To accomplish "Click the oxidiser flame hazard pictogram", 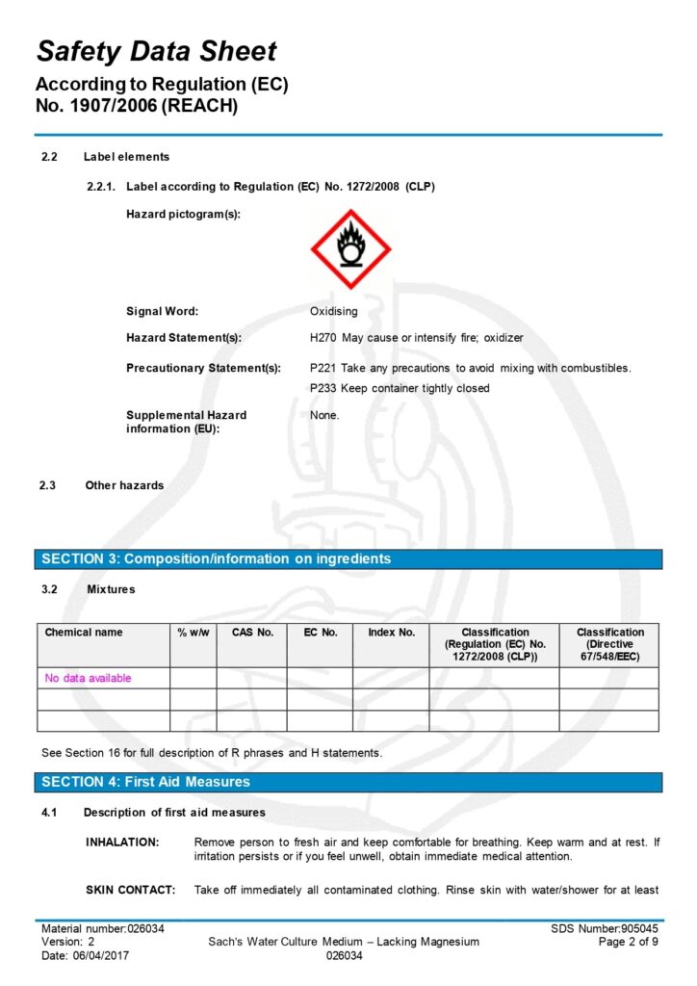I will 350,248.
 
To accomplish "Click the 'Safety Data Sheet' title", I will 156,51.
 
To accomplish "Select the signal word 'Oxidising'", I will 333,311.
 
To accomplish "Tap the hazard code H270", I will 323,338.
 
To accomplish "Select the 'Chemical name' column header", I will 84,633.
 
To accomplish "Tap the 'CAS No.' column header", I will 252,633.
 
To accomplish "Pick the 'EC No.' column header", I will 320,633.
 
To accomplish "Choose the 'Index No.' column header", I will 391,633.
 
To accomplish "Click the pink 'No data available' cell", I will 88,678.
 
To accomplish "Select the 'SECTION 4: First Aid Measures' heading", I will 145,782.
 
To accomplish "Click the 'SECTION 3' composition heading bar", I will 217,558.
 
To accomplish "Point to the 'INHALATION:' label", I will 122,843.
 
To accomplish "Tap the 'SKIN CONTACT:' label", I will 131,890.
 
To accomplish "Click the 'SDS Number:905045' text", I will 605,928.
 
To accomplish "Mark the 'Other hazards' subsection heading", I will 124,485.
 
